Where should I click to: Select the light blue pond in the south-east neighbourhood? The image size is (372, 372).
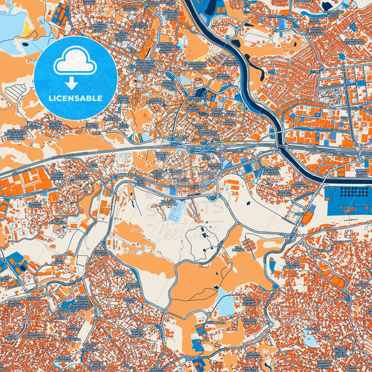coord(308,338)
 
